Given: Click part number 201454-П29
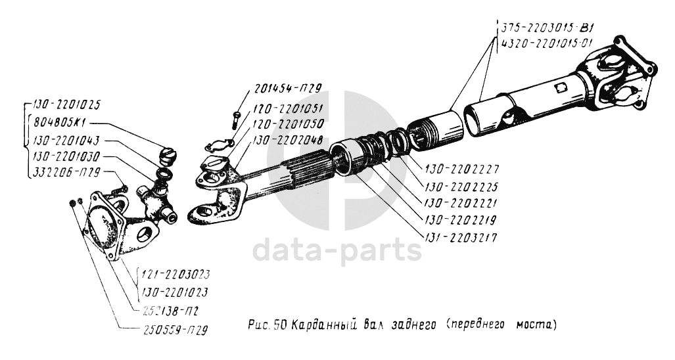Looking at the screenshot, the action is pos(288,88).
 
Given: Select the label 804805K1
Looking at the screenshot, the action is pos(59,123).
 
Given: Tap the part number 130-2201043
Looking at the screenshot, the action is pos(66,140).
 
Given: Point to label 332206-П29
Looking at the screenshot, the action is pos(66,173).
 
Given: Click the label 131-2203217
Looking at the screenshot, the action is pos(461,238).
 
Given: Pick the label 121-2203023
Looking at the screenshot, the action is pos(174,275).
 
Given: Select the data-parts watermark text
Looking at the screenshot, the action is pos(337,250).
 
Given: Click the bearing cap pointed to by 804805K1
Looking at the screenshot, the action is pos(168,156).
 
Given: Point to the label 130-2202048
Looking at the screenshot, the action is pos(288,141).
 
